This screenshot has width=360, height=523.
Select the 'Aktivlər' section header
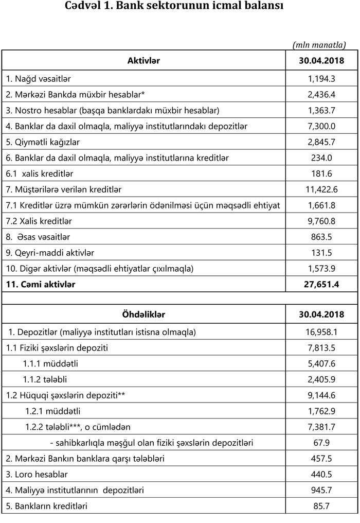143,61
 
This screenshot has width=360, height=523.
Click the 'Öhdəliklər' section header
143,314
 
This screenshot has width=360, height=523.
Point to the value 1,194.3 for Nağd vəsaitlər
321,79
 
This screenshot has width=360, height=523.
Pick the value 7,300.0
321,126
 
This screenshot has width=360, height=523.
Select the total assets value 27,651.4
321,284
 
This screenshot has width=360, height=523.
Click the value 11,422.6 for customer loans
321,189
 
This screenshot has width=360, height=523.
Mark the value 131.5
321,253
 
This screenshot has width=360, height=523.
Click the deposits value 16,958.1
321,332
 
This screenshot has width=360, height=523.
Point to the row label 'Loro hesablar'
37,474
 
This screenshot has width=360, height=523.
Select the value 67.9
321,443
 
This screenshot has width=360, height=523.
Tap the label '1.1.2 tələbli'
45,379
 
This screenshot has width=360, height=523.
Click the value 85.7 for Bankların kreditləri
321,506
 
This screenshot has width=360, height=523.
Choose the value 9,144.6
321,395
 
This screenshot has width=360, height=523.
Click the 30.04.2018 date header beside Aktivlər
321,61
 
